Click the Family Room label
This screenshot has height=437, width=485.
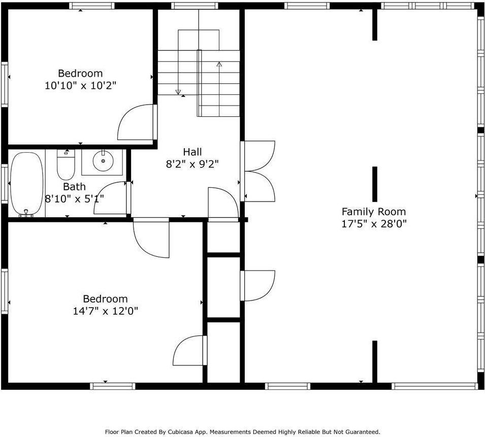pyautogui.click(x=373, y=212)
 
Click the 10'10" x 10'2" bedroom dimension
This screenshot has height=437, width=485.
pyautogui.click(x=80, y=85)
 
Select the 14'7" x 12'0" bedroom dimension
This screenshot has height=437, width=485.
pyautogui.click(x=105, y=311)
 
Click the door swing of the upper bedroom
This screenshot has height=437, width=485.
pyautogui.click(x=135, y=123)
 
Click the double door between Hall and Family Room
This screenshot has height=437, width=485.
pyautogui.click(x=259, y=171)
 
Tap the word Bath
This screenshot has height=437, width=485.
pyautogui.click(x=74, y=186)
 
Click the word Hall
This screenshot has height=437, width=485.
pyautogui.click(x=192, y=151)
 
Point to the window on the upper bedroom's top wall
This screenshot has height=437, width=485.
pyautogui.click(x=91, y=6)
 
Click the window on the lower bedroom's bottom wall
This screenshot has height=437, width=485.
pyautogui.click(x=113, y=386)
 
